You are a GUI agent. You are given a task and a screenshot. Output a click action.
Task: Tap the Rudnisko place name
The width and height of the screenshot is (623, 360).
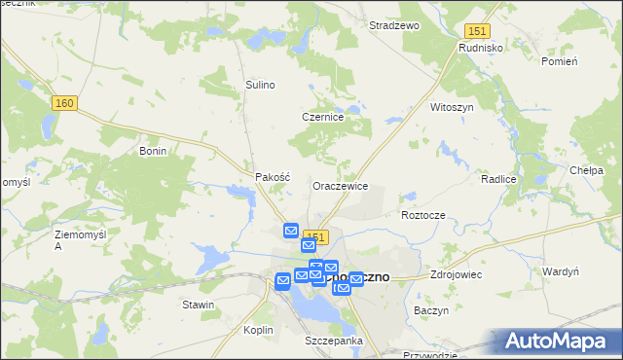(479, 47)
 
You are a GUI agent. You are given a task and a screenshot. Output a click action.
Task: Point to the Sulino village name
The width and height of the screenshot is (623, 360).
(261, 85)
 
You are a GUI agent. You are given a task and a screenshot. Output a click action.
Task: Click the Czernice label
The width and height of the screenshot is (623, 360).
(323, 117)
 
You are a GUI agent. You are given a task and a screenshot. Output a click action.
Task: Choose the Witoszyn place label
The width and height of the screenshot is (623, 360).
(452, 107)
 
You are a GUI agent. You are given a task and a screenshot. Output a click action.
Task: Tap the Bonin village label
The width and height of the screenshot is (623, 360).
(154, 151)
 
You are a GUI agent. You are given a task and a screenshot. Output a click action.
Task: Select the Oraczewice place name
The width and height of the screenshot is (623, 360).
(339, 185)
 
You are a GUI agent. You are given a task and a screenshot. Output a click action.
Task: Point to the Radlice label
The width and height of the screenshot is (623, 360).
(497, 180)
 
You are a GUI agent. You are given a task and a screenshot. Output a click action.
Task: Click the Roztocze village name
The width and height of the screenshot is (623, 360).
(422, 214)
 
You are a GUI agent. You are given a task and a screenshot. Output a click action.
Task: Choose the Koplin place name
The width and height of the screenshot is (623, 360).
(258, 330)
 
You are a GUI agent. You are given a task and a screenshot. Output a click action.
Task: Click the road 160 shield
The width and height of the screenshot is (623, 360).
(65, 104)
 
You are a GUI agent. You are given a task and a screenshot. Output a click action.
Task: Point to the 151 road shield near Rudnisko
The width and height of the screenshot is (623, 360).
(476, 32)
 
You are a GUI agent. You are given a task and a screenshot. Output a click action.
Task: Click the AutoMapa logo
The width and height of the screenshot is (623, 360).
(561, 342)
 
